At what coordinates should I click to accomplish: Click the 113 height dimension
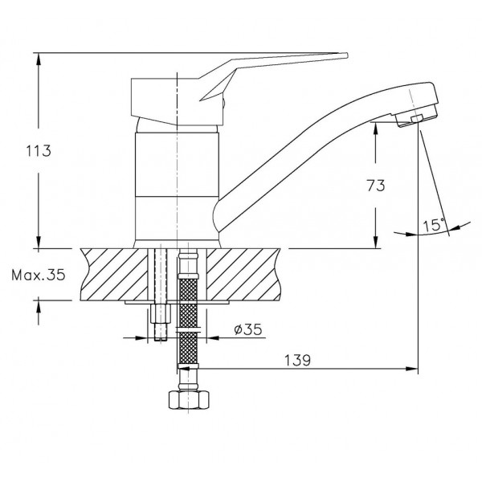point(38,151)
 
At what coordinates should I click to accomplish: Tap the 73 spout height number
point(376,186)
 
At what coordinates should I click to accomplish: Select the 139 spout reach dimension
point(297,360)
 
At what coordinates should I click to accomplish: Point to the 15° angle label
point(434,225)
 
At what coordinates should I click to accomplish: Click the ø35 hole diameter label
point(248,329)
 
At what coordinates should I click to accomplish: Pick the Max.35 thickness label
point(39,275)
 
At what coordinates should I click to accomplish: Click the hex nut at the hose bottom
point(188,399)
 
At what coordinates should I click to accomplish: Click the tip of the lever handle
point(347,55)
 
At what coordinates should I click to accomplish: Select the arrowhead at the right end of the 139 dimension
point(413,369)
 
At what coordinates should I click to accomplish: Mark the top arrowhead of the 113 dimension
point(39,59)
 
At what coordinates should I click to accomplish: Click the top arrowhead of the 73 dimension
point(375,128)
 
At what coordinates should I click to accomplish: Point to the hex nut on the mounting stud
point(161,313)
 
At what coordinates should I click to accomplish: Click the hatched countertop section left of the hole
point(114,274)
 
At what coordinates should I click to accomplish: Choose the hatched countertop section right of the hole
point(243,274)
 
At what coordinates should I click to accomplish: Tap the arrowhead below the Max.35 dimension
point(39,307)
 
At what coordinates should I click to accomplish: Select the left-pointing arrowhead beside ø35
point(213,338)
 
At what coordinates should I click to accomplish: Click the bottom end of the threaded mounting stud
point(161,339)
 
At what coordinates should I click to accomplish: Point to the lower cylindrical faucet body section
point(177,218)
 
